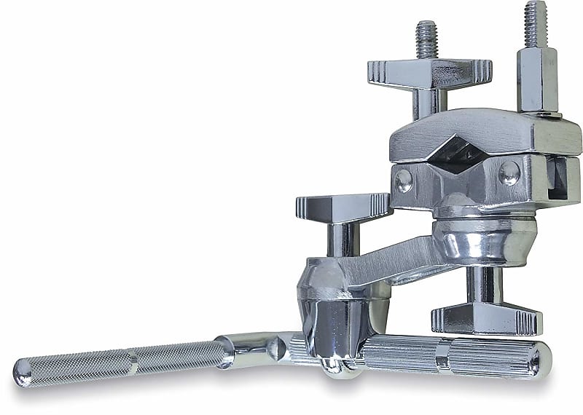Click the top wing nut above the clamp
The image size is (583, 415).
[x=429, y=74]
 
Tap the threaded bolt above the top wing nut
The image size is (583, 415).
[x=427, y=40]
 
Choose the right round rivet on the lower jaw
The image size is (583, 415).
[x=509, y=173]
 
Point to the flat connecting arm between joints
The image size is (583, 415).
[x=394, y=258]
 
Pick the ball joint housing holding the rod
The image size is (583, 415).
[x=332, y=306]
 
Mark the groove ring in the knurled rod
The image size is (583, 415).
[x=133, y=360]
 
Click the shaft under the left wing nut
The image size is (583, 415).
[x=341, y=240]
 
